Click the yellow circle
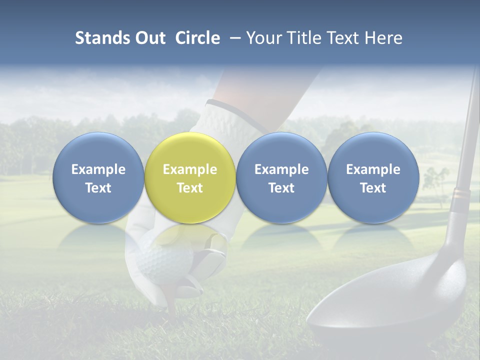pyautogui.click(x=189, y=178)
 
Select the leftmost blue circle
pyautogui.click(x=98, y=178)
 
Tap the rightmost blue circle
pyautogui.click(x=373, y=178)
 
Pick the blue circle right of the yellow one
pyautogui.click(x=281, y=178)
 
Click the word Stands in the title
pyautogui.click(x=103, y=38)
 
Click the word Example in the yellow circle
pyautogui.click(x=189, y=169)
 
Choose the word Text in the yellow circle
pyautogui.click(x=189, y=188)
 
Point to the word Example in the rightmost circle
pyautogui.click(x=373, y=169)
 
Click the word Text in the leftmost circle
pyautogui.click(x=98, y=188)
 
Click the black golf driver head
pyautogui.click(x=390, y=300)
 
